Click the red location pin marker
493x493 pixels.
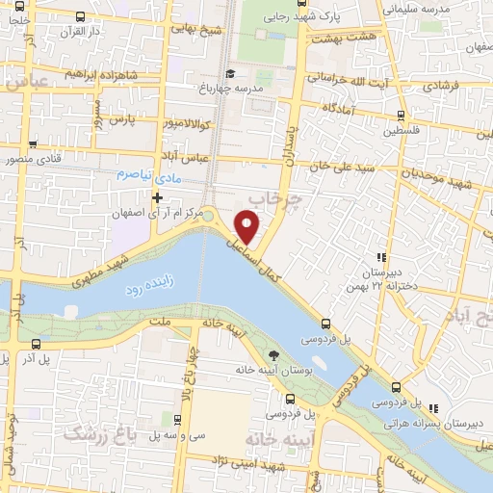(247, 226)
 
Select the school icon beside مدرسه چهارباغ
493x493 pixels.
(229, 74)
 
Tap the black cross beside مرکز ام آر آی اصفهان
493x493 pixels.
(157, 197)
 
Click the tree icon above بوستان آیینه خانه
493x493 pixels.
(274, 353)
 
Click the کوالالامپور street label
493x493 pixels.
(169, 125)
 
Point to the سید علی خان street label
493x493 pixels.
(343, 168)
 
